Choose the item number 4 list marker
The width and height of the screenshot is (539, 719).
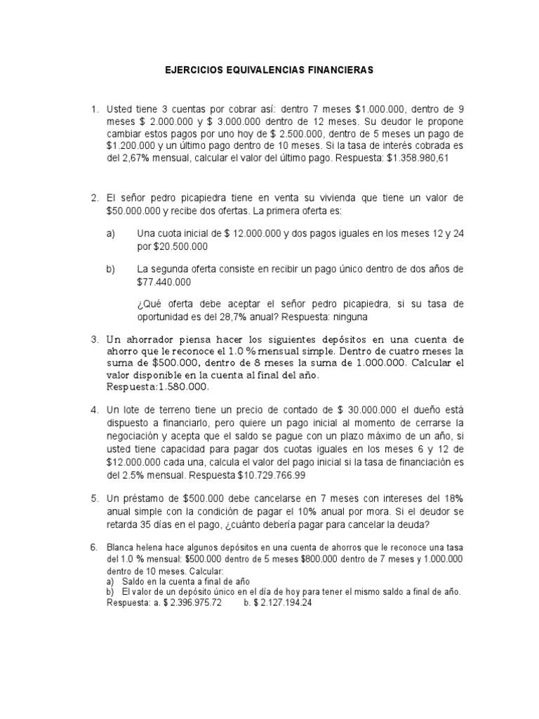[x=95, y=409]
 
